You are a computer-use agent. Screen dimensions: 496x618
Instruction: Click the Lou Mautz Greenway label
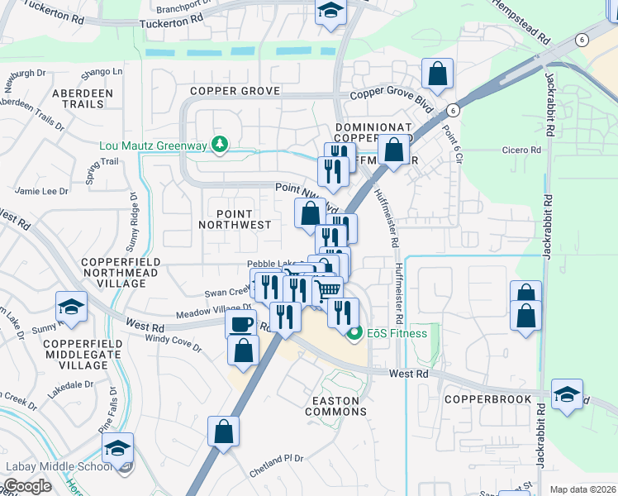[153, 145]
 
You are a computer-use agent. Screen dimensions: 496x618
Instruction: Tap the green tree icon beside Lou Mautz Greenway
[219, 145]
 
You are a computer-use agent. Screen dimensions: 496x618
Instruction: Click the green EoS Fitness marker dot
[355, 333]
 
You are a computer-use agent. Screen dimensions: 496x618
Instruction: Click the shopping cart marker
[328, 290]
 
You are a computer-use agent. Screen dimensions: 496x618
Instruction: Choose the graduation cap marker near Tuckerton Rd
[330, 12]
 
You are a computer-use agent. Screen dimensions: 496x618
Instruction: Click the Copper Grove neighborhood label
[235, 90]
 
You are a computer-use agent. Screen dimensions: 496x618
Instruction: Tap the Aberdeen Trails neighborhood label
[83, 99]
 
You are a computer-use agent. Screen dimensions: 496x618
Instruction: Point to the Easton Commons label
[336, 406]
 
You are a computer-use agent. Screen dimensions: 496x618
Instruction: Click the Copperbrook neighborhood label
[481, 398]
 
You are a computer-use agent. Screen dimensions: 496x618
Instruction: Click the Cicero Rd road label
[521, 150]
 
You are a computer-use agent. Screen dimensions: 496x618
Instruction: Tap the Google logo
[27, 486]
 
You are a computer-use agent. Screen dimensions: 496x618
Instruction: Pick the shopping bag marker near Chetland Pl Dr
[223, 431]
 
